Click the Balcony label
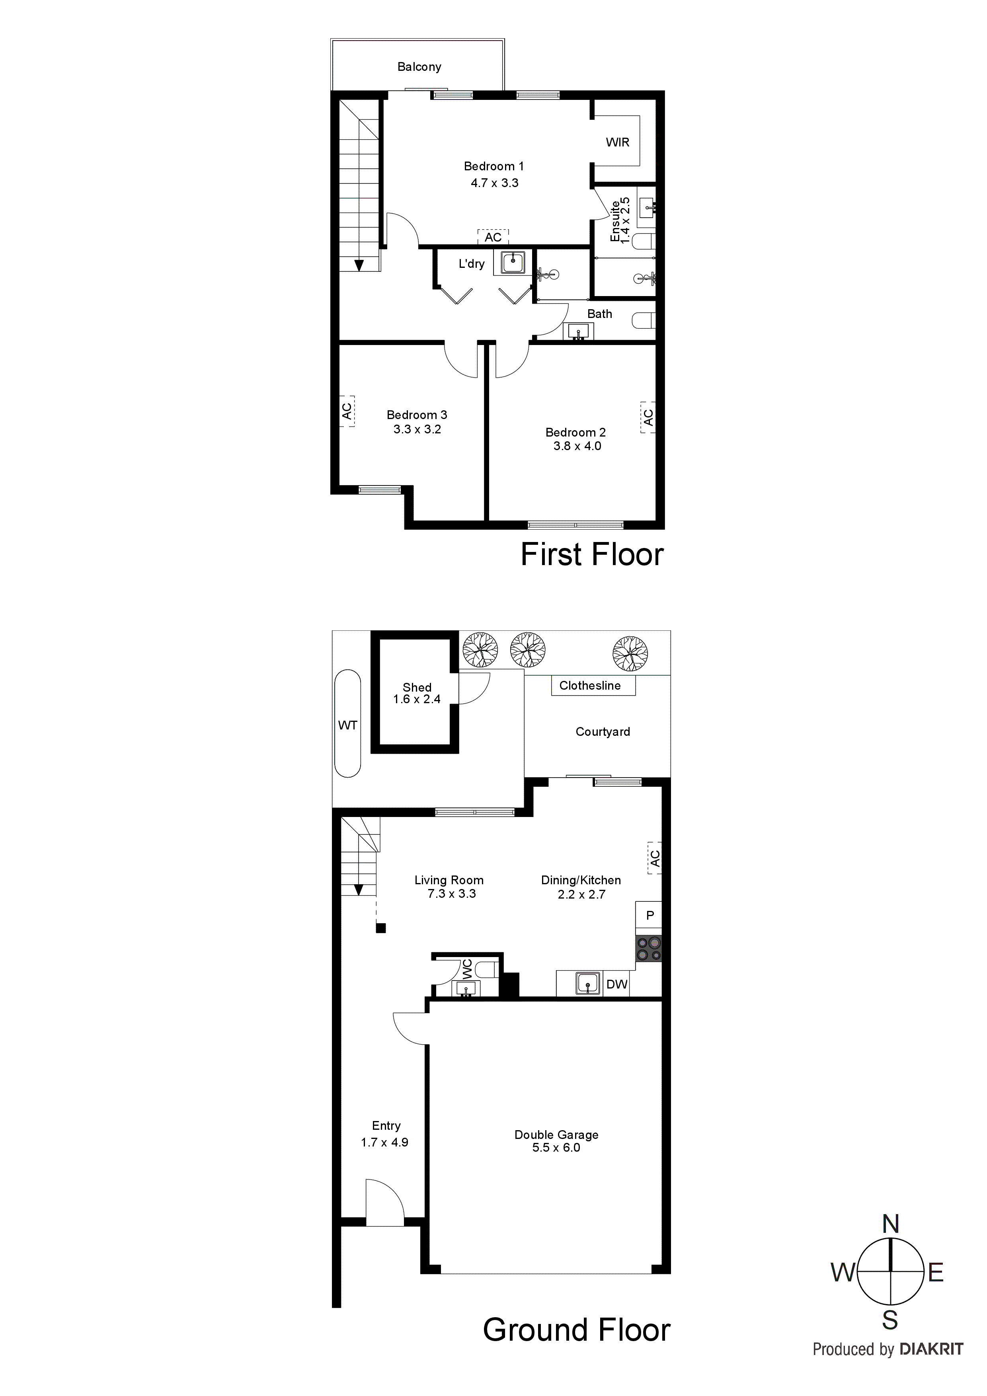(x=419, y=67)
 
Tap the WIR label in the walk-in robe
(x=617, y=142)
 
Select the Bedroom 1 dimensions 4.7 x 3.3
(x=494, y=183)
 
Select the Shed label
(x=417, y=688)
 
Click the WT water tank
(x=348, y=723)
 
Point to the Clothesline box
(x=593, y=686)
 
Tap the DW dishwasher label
(x=616, y=984)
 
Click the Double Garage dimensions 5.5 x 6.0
(x=556, y=1148)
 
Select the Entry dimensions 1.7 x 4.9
(x=384, y=1143)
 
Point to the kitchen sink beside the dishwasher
(x=587, y=983)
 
